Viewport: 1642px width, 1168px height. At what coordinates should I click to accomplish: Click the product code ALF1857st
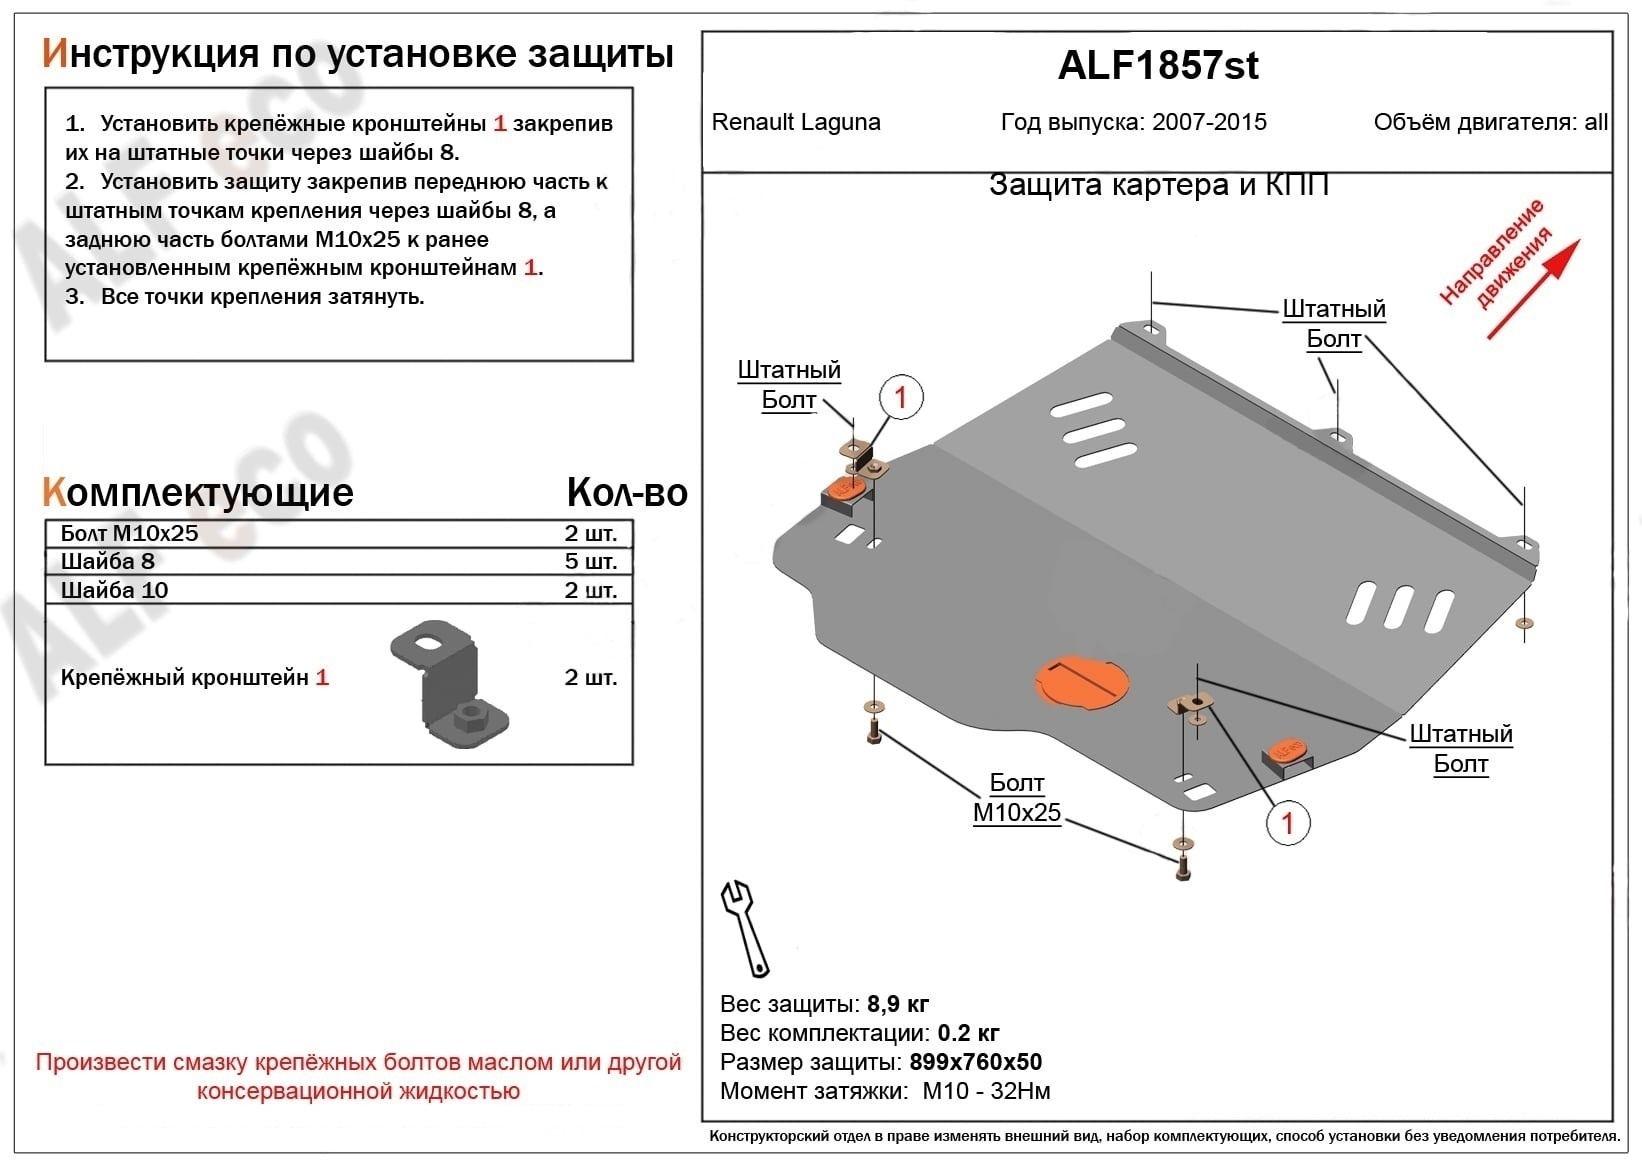click(x=1157, y=66)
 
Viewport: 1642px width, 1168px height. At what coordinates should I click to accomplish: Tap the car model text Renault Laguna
click(x=796, y=122)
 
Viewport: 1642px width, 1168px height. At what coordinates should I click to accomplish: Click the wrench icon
click(x=745, y=927)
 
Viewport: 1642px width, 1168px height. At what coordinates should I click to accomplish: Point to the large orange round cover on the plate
click(x=1081, y=683)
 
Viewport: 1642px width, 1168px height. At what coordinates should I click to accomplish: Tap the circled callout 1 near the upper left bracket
click(x=900, y=397)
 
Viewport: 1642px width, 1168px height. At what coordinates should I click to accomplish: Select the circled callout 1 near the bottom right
click(x=1287, y=823)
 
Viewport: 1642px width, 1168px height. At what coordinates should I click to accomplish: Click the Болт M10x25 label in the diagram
click(x=1016, y=798)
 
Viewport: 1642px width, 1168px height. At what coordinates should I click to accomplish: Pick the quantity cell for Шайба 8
click(x=590, y=561)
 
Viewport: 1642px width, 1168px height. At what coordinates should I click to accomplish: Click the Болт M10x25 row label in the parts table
click(x=129, y=533)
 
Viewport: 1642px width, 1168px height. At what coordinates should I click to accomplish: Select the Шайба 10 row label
click(x=114, y=590)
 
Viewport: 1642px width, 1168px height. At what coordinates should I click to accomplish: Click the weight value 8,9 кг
click(x=897, y=1004)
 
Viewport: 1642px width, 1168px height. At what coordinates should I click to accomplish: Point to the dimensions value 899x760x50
click(x=975, y=1062)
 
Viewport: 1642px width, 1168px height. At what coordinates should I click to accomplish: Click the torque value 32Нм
click(x=1020, y=1091)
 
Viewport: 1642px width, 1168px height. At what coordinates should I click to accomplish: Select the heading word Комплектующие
click(x=198, y=492)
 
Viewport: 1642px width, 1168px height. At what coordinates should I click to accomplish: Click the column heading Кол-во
click(x=626, y=492)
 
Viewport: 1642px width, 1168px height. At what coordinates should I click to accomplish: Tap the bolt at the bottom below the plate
click(x=1183, y=869)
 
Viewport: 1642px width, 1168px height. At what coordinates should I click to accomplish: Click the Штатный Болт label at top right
click(x=1333, y=323)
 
